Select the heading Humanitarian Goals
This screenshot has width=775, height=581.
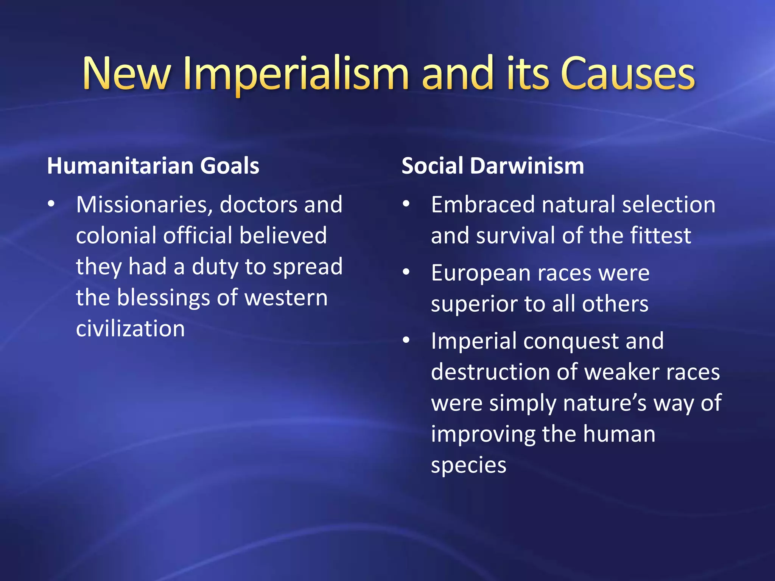(153, 166)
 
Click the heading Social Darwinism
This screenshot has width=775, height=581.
(493, 166)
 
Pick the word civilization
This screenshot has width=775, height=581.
(130, 328)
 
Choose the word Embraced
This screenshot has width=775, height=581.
(482, 205)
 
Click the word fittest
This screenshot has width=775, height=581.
(660, 236)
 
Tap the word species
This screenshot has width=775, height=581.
(468, 465)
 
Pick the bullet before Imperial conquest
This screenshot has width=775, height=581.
(406, 340)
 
